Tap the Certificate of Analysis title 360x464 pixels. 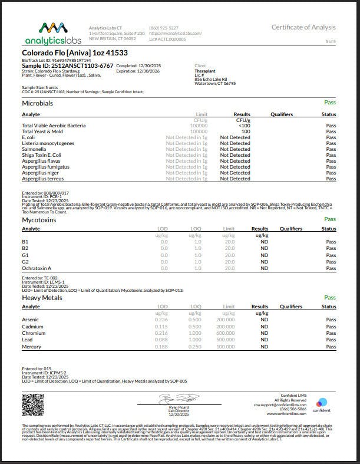(303, 27)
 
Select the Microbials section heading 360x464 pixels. (37, 103)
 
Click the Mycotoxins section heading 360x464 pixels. (39, 219)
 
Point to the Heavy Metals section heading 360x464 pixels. (43, 298)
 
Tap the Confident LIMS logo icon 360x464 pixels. (322, 403)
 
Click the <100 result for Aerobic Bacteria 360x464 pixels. (243, 126)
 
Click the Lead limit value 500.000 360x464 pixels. (226, 340)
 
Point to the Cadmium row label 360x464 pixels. (32, 327)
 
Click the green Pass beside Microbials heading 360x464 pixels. (330, 102)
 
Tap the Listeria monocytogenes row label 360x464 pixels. (48, 143)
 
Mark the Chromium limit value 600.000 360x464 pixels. (226, 333)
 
